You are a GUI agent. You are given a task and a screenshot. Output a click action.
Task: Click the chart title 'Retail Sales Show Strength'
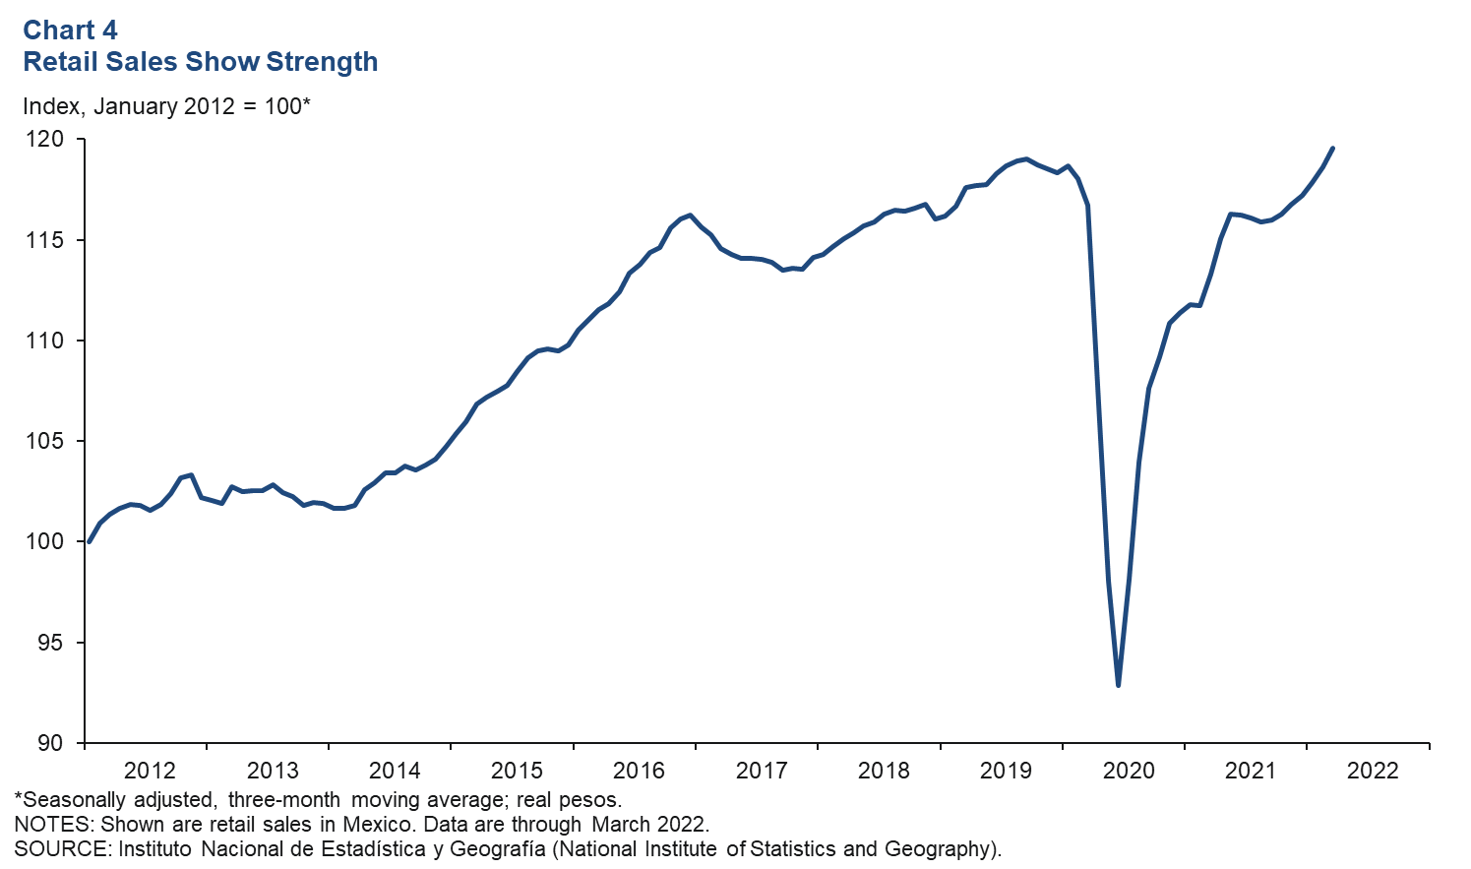pos(200,61)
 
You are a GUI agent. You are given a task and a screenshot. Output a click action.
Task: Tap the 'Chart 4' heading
pos(70,30)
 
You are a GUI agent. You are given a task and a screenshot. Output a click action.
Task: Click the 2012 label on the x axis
pos(150,771)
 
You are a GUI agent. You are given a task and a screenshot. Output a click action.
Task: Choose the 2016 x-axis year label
pos(639,771)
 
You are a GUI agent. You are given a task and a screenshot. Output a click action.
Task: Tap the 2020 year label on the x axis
pos(1128,771)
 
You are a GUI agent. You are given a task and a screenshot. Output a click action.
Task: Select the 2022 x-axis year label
pos(1372,771)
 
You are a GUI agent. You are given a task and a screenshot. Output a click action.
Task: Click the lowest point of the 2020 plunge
pos(1119,685)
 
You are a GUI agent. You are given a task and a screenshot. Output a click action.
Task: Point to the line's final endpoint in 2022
pos(1332,149)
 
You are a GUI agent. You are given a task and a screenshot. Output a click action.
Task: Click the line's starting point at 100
pos(90,541)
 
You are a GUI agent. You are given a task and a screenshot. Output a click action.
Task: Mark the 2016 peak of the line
pos(690,215)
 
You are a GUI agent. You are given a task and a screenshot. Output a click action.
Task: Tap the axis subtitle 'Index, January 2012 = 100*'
pos(166,105)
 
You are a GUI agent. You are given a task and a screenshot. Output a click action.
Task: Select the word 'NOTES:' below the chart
pos(51,824)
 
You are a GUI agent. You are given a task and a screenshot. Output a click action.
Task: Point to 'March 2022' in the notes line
pos(648,824)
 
